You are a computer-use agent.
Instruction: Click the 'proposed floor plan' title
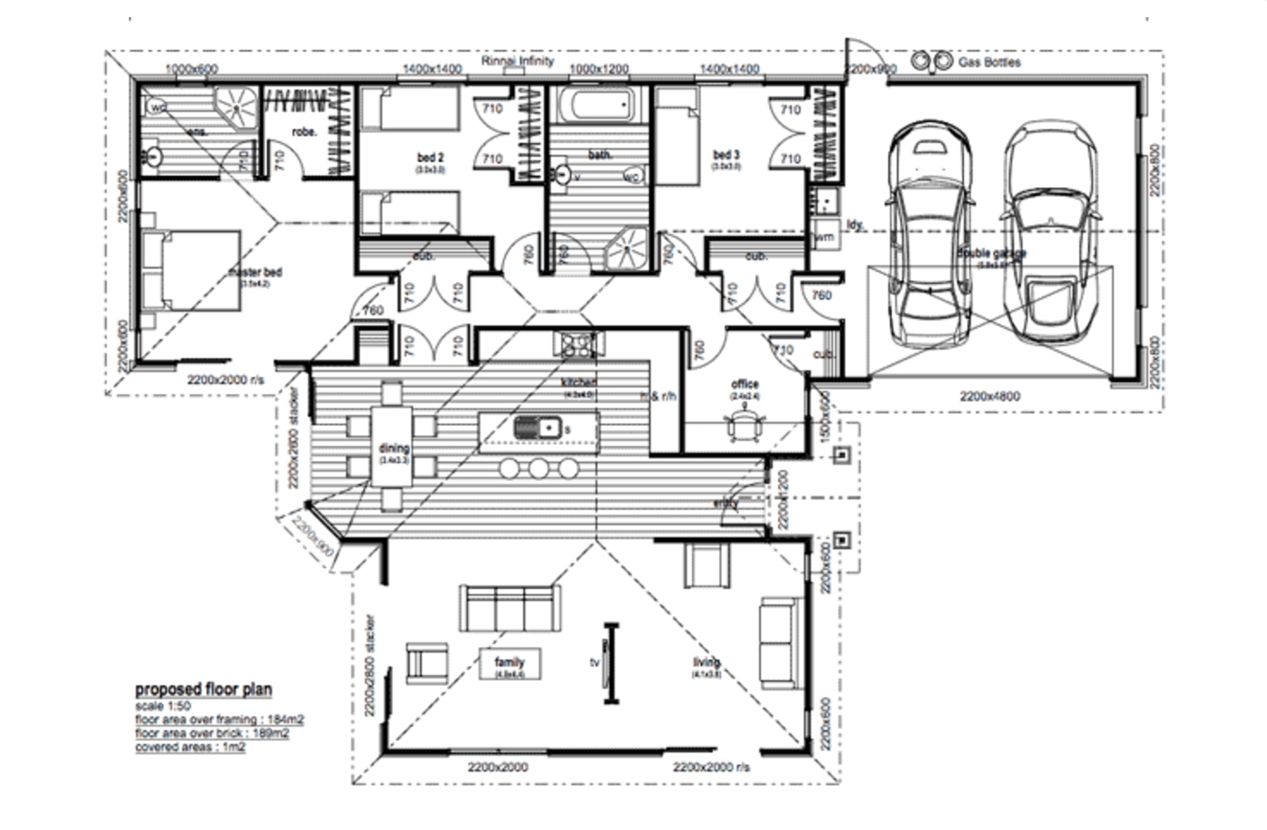[203, 689]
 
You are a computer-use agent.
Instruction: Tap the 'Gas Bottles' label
[989, 62]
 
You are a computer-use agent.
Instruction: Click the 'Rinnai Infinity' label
[517, 61]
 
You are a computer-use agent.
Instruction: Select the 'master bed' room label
[255, 272]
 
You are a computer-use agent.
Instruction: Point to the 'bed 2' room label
[430, 158]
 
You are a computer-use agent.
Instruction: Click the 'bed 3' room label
[726, 156]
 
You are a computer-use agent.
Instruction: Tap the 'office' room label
[745, 384]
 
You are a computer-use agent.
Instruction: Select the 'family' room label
[510, 662]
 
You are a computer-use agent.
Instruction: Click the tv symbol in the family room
[610, 663]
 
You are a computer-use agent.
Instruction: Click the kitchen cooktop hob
[574, 344]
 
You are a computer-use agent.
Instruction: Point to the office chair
[744, 424]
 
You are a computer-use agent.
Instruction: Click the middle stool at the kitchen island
[539, 468]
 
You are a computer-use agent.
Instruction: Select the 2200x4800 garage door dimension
[990, 396]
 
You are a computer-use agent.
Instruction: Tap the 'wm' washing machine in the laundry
[824, 236]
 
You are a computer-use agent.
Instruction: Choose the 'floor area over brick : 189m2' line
[212, 733]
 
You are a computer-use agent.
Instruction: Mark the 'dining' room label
[393, 449]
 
